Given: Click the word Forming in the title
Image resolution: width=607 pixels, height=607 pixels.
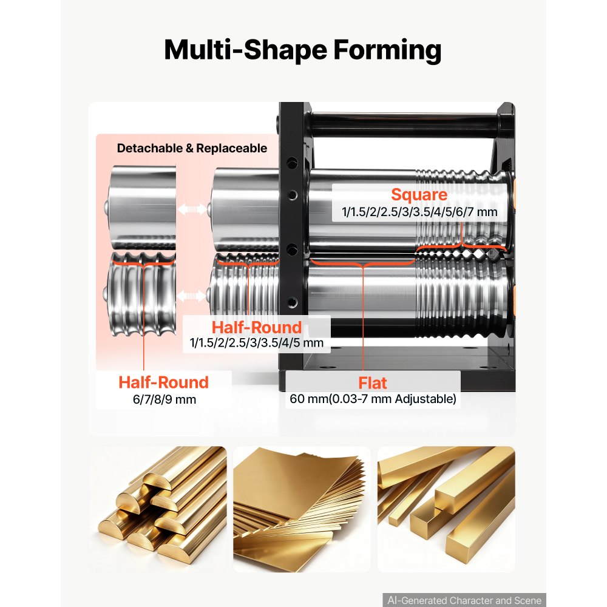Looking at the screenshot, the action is point(387,50).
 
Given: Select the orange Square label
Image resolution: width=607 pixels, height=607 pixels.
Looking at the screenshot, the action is point(419,194).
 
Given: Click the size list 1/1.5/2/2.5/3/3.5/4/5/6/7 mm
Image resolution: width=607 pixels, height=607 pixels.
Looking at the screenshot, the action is point(419,212).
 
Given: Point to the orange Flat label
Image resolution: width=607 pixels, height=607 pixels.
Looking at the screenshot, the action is point(373,383).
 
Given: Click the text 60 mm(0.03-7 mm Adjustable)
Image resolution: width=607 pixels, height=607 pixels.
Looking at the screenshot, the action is point(373,399).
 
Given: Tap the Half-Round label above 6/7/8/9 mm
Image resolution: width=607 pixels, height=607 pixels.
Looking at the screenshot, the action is point(163,382).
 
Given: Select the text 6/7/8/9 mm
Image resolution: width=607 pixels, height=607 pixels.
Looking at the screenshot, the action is point(164,399).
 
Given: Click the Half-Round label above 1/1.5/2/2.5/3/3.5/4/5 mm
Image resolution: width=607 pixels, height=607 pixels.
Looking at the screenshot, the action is point(256,327).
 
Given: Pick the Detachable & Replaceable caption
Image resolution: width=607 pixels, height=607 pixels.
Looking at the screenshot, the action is point(192,148).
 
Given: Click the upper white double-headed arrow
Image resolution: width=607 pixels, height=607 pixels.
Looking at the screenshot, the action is point(192,209).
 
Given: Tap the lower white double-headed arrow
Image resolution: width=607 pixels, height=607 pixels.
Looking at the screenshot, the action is point(191,297).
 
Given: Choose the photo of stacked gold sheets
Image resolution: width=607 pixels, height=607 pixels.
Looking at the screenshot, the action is point(302,509).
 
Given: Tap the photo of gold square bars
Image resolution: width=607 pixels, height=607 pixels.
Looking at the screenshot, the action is point(446,509).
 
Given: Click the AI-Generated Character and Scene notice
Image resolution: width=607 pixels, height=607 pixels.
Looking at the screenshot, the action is point(464,600).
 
